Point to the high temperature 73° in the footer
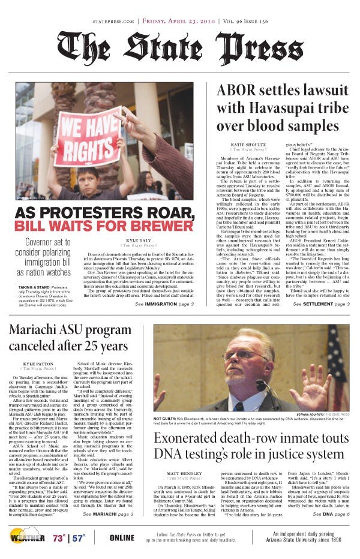59,537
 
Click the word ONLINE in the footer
122,537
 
